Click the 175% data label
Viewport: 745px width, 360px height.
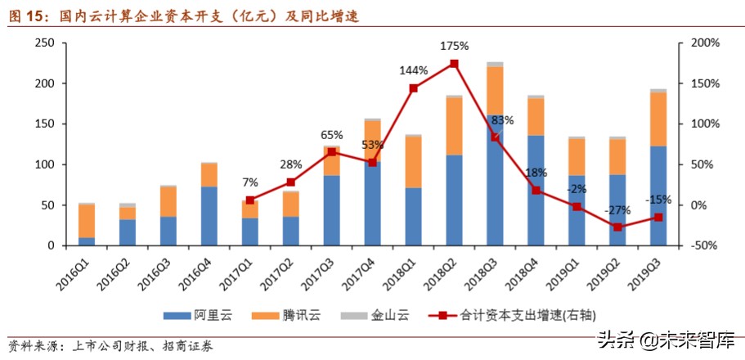(x=454, y=46)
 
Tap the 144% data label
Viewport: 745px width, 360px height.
(x=413, y=70)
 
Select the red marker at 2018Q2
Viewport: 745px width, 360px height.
(x=454, y=64)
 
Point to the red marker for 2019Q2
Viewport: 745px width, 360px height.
(x=617, y=227)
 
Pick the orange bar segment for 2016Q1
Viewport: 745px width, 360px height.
(x=86, y=221)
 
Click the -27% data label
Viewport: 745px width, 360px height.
(x=617, y=210)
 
